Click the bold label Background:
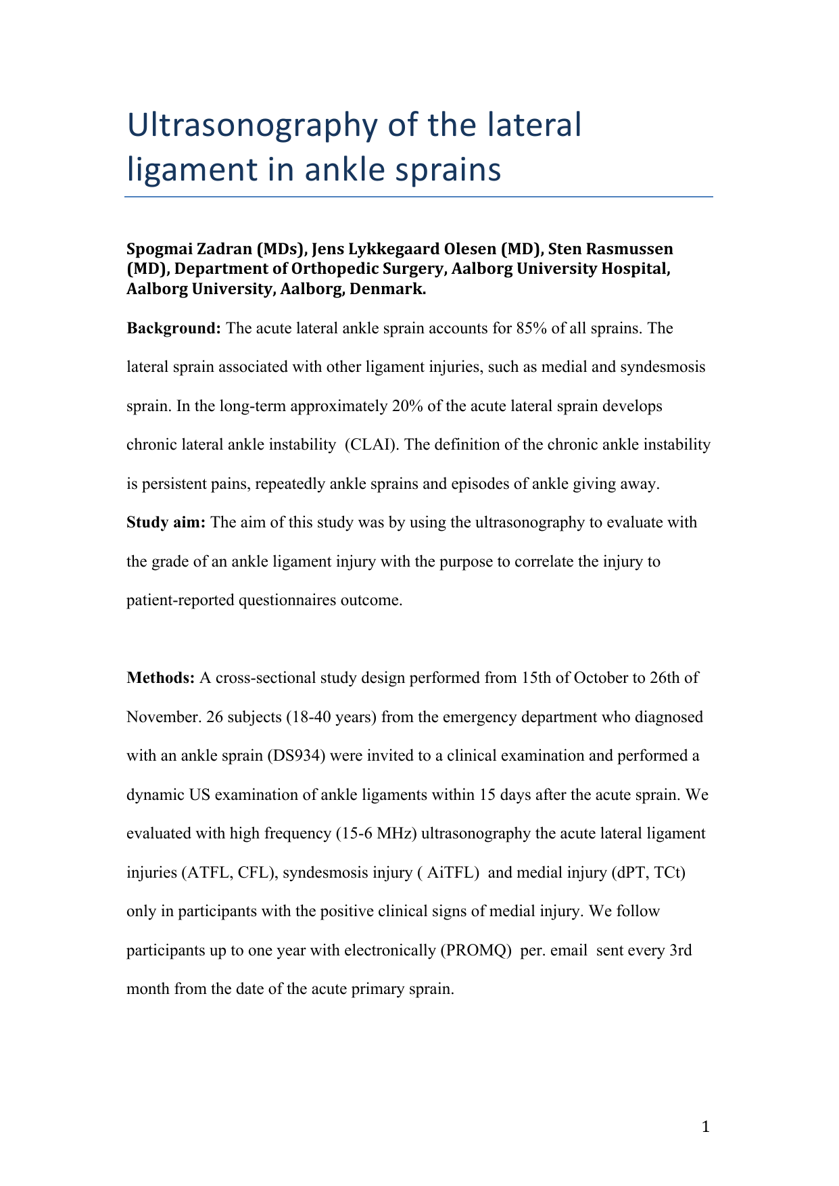click(x=174, y=329)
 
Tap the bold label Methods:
click(x=161, y=678)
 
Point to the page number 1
click(x=706, y=1127)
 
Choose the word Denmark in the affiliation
click(x=387, y=290)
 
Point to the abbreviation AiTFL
click(x=452, y=872)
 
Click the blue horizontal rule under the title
click(x=418, y=197)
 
